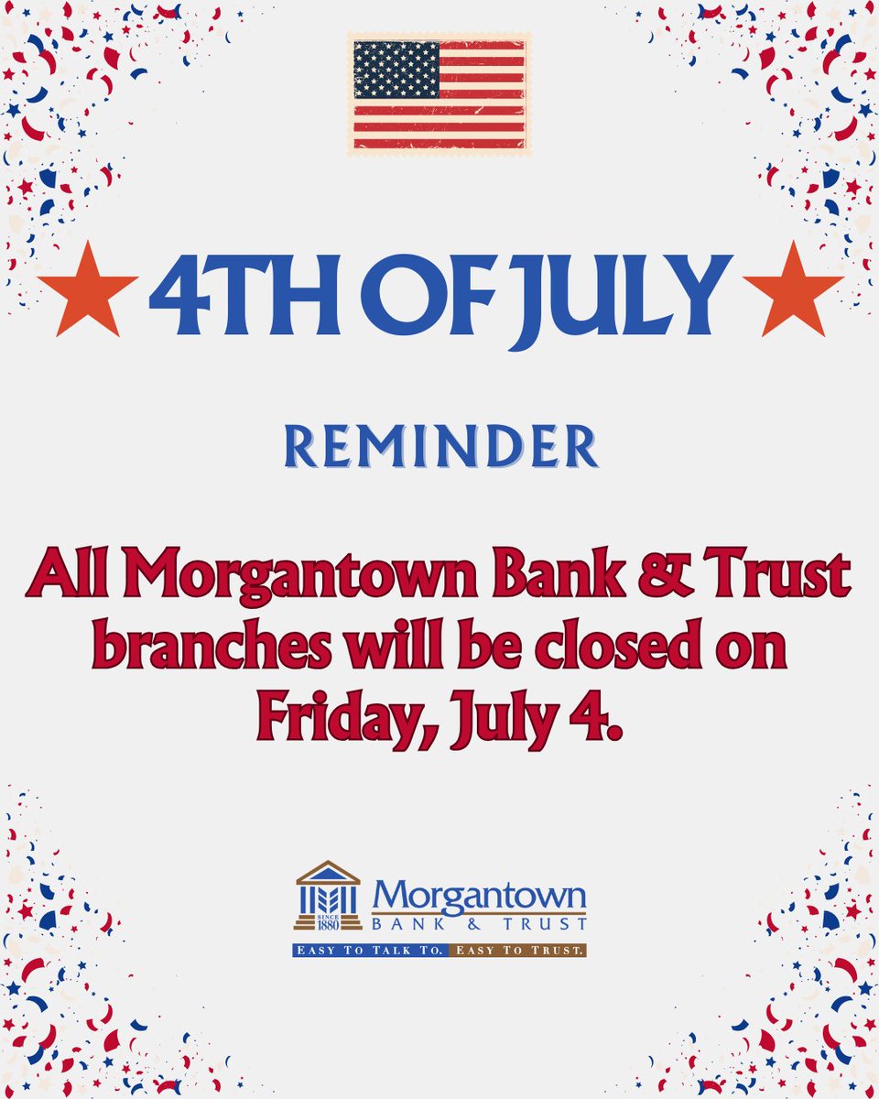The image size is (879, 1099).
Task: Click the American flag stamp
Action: pos(439,93)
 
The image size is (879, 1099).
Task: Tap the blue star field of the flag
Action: pos(397,71)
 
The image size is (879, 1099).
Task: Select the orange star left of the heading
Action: pos(87,288)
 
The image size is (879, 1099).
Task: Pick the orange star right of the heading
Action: pos(792,288)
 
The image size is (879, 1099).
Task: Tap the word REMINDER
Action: pos(440,447)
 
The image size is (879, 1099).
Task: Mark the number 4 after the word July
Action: pos(591,716)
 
